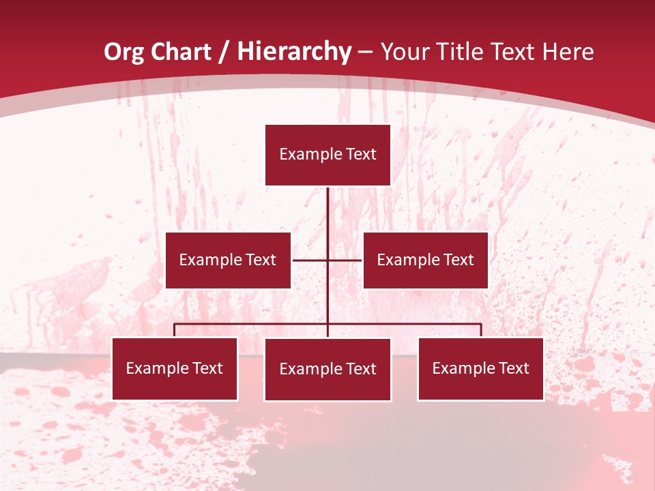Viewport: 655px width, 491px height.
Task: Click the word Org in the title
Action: click(125, 53)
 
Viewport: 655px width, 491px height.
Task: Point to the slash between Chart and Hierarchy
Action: click(224, 53)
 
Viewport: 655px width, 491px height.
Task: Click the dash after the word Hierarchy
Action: click(365, 53)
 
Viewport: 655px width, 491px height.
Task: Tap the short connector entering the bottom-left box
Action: click(175, 330)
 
